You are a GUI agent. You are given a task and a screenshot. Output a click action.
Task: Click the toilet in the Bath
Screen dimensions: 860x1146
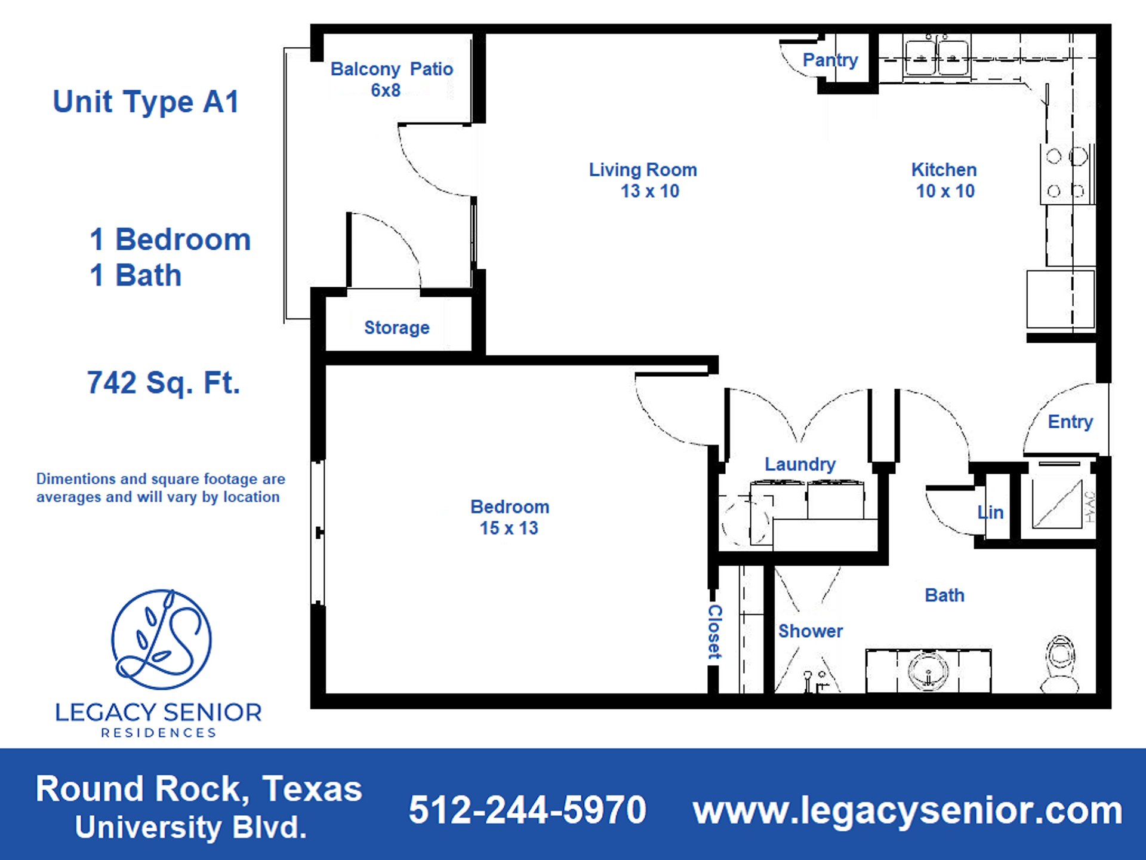[x=1060, y=664]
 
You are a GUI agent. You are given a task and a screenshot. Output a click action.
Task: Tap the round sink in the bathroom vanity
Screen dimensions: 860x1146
[x=928, y=671]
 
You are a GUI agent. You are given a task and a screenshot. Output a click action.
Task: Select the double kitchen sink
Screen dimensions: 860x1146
[x=936, y=58]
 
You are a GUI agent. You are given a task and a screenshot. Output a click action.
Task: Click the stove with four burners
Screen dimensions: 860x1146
[x=1067, y=174]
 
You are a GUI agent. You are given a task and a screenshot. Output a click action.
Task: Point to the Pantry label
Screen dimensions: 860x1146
[x=830, y=60]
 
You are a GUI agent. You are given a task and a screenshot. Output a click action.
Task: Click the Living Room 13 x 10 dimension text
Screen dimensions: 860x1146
[x=649, y=191]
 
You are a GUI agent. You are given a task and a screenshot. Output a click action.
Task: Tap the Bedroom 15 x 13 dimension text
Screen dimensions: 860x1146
[x=509, y=528]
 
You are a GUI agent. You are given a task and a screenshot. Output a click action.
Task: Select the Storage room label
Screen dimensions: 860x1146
[x=397, y=327]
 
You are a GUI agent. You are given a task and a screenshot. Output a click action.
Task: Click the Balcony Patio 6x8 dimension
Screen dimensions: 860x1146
[x=386, y=90]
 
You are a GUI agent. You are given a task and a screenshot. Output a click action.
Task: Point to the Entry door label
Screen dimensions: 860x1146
[x=1070, y=422]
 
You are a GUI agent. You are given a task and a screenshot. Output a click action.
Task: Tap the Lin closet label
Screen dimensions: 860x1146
[x=990, y=512]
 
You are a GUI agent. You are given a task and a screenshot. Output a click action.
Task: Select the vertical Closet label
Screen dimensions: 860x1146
[x=714, y=632]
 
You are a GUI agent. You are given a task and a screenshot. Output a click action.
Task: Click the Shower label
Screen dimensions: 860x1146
[x=810, y=631]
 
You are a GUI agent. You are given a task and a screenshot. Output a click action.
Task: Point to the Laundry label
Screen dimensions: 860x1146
[x=800, y=464]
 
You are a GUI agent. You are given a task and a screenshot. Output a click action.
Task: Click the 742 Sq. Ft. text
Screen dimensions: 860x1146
[x=164, y=383]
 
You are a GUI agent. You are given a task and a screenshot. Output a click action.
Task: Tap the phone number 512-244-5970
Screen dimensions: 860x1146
[x=527, y=810]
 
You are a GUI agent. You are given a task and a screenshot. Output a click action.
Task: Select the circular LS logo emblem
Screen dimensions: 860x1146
[x=161, y=639]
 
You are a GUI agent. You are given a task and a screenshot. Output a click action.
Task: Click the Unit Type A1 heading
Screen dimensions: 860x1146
[x=146, y=102]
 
